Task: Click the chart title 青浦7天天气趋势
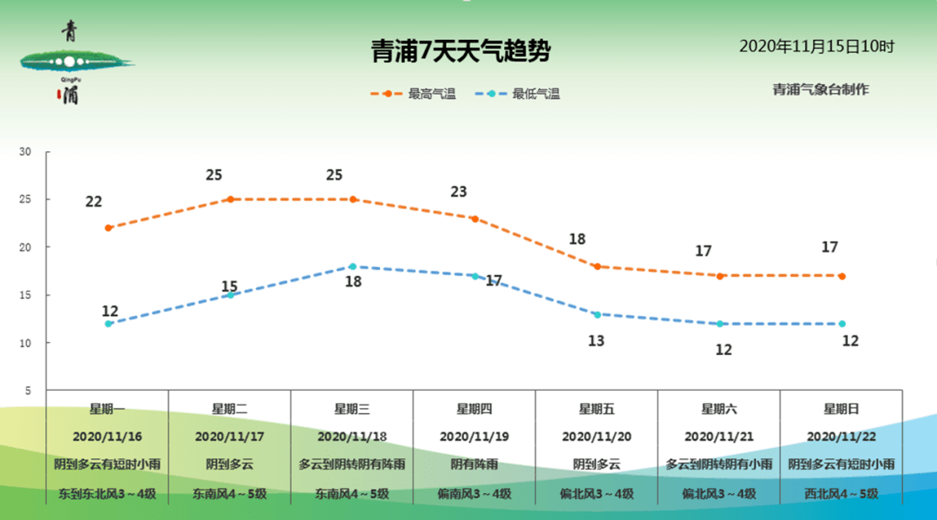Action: pyautogui.click(x=461, y=53)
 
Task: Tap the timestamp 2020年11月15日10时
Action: pyautogui.click(x=816, y=47)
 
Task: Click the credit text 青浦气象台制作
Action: pyautogui.click(x=820, y=89)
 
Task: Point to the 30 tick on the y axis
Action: pyautogui.click(x=25, y=152)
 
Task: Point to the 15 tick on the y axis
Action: pyautogui.click(x=25, y=295)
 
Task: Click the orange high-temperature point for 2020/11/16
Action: pyautogui.click(x=108, y=227)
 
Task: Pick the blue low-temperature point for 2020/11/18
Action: pyautogui.click(x=352, y=267)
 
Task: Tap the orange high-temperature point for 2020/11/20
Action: pyautogui.click(x=597, y=267)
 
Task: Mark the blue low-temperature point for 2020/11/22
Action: pyautogui.click(x=842, y=324)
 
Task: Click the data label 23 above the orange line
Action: pyautogui.click(x=459, y=192)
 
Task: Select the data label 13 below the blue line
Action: pyautogui.click(x=596, y=341)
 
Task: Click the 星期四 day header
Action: pyautogui.click(x=475, y=409)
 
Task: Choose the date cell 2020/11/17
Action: pyautogui.click(x=230, y=437)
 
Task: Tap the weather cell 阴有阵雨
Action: pyautogui.click(x=475, y=464)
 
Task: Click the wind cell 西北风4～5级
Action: pyautogui.click(x=842, y=493)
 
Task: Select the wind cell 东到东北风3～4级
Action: pyautogui.click(x=108, y=493)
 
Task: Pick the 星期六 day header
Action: pyautogui.click(x=719, y=409)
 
